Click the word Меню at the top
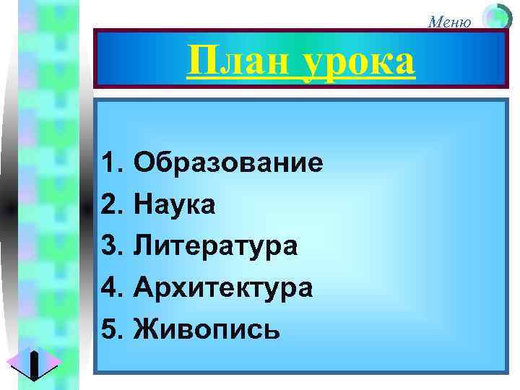pyautogui.click(x=449, y=21)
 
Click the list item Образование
pyautogui.click(x=227, y=163)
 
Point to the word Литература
pyautogui.click(x=215, y=246)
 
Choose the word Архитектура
pyautogui.click(x=223, y=287)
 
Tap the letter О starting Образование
pyautogui.click(x=144, y=163)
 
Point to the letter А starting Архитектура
pyautogui.click(x=143, y=287)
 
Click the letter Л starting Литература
pyautogui.click(x=143, y=246)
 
